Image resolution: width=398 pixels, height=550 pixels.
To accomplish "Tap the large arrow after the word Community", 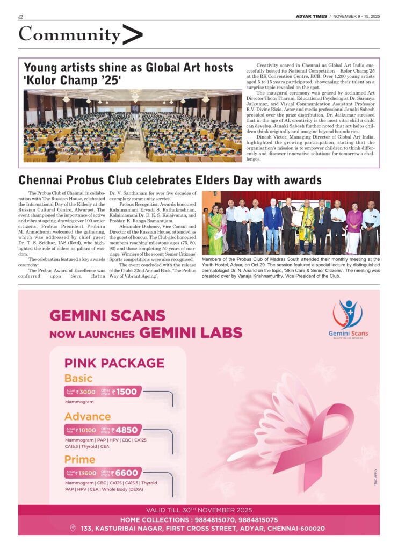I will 133,35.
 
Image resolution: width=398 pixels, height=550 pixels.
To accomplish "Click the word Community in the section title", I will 69,35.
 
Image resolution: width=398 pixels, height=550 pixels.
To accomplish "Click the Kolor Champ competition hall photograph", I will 132,126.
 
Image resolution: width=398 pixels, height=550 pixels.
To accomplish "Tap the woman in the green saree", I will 216,231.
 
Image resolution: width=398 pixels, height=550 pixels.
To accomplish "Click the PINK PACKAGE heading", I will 114,363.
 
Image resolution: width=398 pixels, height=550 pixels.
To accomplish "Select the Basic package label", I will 78,378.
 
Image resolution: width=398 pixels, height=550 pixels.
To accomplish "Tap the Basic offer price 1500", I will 127,392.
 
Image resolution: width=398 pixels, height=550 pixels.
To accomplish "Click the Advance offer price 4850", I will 127,430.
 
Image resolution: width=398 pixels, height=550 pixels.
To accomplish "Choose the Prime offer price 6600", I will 127,473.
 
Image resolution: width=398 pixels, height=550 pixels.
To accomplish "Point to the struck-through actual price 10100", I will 86,430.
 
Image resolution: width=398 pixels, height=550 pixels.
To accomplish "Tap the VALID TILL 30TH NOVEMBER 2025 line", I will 199,510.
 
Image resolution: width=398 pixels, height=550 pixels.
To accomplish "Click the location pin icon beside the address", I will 73,529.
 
